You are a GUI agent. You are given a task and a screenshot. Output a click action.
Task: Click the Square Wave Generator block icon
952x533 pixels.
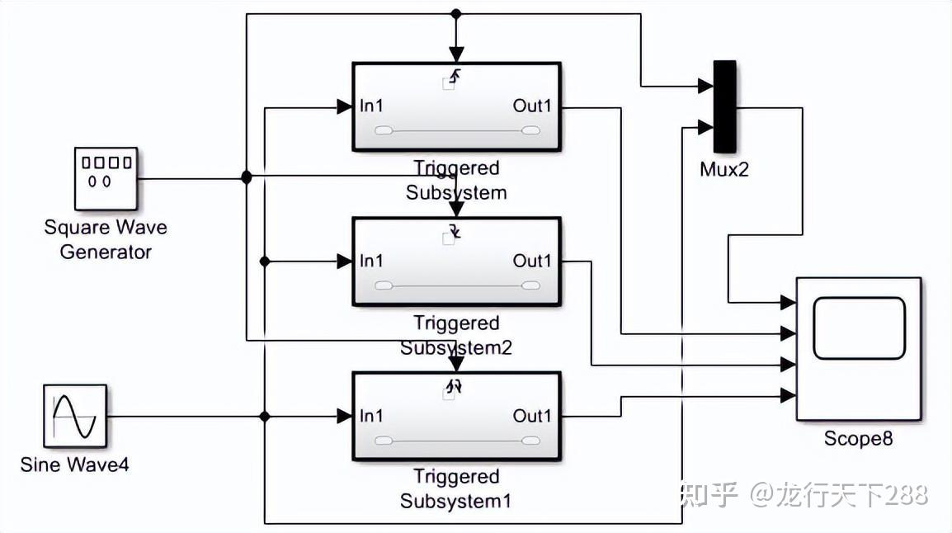coord(105,178)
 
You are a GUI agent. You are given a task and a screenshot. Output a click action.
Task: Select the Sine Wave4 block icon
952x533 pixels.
coord(75,416)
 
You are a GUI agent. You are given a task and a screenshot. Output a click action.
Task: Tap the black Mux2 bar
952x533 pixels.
coord(725,106)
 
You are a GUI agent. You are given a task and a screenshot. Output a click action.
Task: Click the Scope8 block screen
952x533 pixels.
coord(859,328)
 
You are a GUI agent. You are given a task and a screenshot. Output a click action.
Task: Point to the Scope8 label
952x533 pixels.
coord(858,439)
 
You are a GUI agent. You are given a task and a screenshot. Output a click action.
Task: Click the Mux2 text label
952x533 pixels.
coord(723,172)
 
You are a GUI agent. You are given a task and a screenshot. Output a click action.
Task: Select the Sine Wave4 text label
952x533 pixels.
coord(75,465)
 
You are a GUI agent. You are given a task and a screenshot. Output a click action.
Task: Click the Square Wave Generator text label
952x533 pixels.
coord(106,239)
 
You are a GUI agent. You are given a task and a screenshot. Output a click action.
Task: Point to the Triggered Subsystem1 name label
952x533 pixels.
coord(456,488)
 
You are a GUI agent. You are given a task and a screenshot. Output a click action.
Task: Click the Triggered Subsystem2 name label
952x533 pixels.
coord(456,335)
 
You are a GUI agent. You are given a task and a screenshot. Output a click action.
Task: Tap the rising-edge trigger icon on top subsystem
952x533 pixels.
coord(455,76)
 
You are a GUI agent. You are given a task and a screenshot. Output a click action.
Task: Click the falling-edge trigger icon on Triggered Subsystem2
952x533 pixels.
coord(455,230)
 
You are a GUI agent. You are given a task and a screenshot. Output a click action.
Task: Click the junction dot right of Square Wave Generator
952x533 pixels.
coord(246,177)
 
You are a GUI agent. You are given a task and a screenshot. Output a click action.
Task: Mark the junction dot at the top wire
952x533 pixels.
coord(455,14)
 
